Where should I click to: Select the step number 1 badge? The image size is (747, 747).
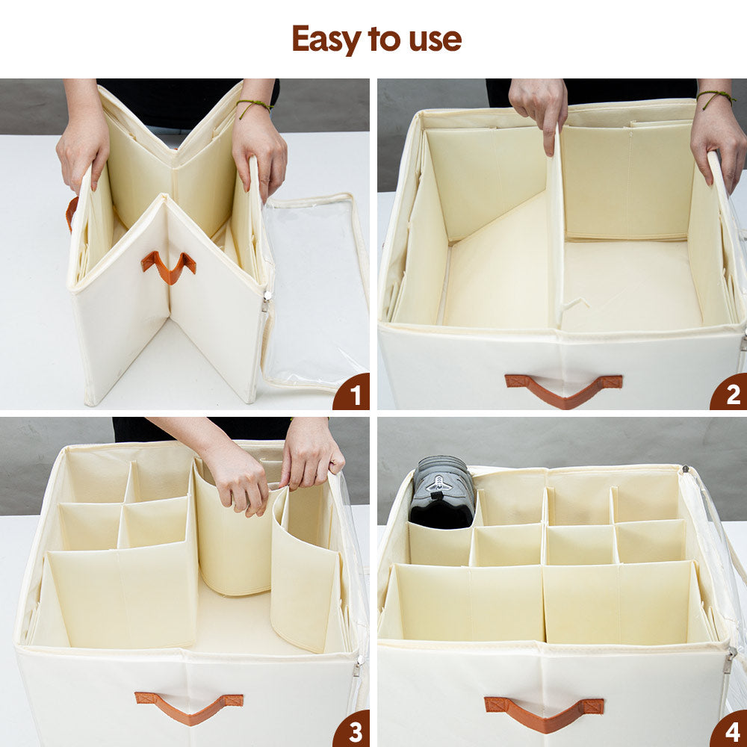click(x=351, y=392)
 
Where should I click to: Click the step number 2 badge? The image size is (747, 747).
click(x=728, y=392)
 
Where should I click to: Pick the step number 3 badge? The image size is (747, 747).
click(x=351, y=728)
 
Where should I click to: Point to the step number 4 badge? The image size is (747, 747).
click(x=728, y=728)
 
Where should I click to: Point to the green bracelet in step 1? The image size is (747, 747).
click(x=254, y=106)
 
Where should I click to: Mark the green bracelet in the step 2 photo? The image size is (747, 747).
click(x=716, y=97)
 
